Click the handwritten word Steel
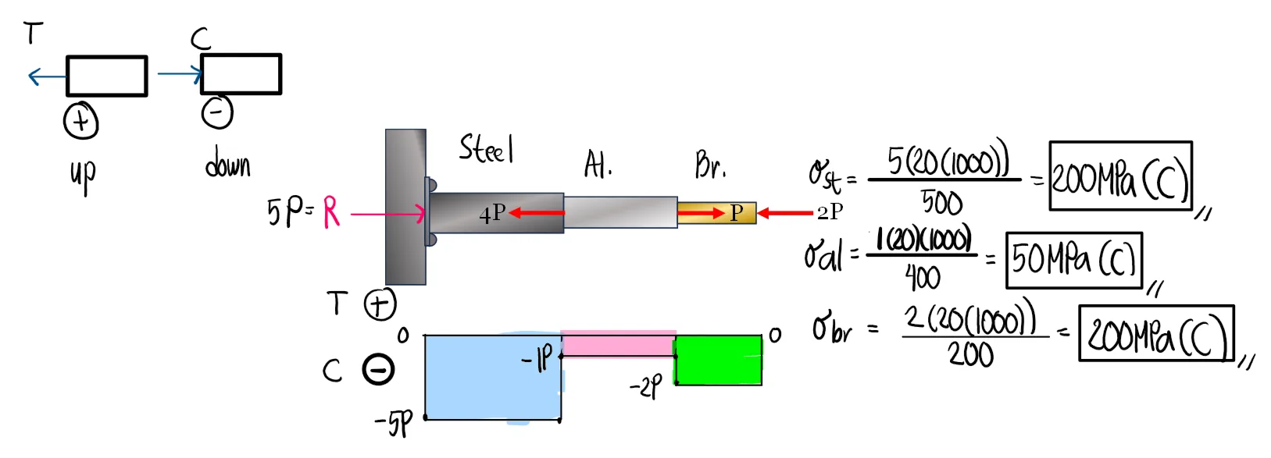tap(486, 148)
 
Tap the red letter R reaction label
tap(331, 211)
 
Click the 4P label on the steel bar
tap(492, 213)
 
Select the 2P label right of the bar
tap(830, 211)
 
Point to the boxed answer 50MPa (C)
tap(1073, 260)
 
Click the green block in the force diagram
tap(718, 360)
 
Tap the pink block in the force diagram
tap(618, 343)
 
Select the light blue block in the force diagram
tap(493, 378)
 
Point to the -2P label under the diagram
tap(646, 386)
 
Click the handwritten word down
tap(227, 165)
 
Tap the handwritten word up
tap(83, 175)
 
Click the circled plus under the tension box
tap(80, 121)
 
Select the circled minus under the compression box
tap(217, 112)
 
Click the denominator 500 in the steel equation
tap(941, 203)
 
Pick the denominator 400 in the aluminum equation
tap(923, 277)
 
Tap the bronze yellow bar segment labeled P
tap(716, 213)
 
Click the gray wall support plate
tap(405, 207)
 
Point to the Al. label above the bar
tap(598, 165)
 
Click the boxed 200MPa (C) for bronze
tap(1155, 334)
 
